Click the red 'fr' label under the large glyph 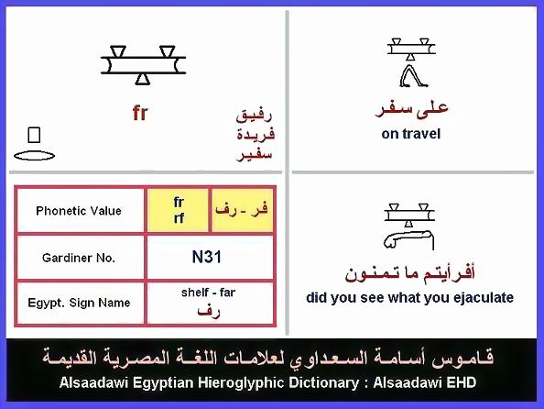point(140,114)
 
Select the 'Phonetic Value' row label point(79,211)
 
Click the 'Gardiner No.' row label point(79,258)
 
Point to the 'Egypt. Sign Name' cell point(79,303)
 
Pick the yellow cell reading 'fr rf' point(178,210)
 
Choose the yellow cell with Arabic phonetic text point(242,210)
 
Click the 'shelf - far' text point(208,293)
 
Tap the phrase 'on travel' point(411,134)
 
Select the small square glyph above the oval point(34,135)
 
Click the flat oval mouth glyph point(35,155)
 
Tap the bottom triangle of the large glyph point(142,79)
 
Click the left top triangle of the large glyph point(118,51)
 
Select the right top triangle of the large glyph point(168,51)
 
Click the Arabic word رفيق point(254,115)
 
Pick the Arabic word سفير point(254,155)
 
